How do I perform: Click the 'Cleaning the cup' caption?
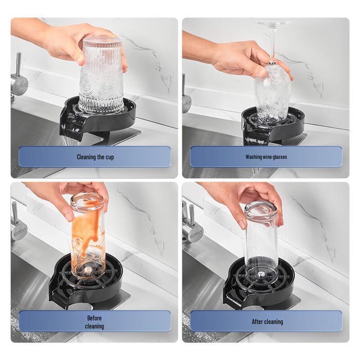tap(94, 157)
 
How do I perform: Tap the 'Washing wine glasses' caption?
tap(266, 157)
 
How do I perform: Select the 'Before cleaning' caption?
tap(94, 321)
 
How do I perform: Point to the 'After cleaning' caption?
tap(267, 321)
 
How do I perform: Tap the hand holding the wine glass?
tap(243, 58)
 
